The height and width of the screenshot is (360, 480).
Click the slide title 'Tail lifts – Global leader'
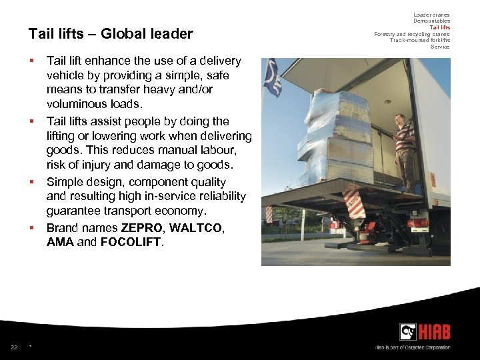tap(111, 34)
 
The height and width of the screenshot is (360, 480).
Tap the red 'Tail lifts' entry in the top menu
tap(439, 27)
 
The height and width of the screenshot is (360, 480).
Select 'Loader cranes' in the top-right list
tap(431, 15)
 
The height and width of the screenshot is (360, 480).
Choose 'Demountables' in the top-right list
tap(431, 21)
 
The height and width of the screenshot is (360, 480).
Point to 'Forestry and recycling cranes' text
tap(411, 34)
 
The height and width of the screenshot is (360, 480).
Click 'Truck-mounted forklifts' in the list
tap(420, 40)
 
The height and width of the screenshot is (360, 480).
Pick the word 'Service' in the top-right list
tap(440, 47)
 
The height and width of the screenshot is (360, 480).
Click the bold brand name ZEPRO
tap(141, 228)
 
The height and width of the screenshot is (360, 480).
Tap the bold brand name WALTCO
tap(197, 228)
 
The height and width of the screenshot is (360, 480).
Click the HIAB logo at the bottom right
tap(424, 332)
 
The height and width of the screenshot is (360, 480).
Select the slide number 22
tap(14, 347)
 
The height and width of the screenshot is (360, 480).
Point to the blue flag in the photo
tap(272, 81)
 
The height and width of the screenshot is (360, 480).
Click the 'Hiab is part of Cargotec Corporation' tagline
tap(413, 347)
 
